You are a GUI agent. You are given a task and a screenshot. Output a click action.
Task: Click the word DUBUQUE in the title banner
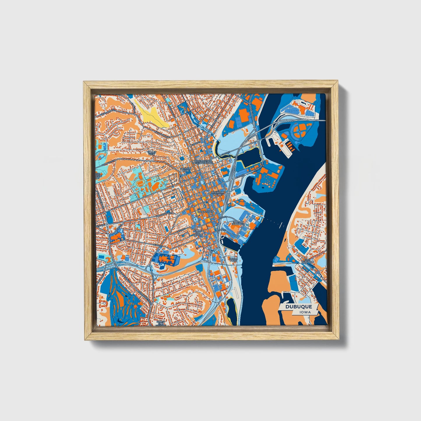tap(299, 307)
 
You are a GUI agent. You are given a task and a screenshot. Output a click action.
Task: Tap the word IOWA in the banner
tap(305, 312)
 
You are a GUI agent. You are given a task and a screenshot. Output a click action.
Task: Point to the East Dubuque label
tap(308, 261)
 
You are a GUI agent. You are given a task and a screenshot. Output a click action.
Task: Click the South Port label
tap(233, 259)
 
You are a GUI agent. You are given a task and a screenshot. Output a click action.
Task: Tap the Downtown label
tap(206, 212)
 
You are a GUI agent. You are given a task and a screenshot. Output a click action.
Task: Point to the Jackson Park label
tap(186, 170)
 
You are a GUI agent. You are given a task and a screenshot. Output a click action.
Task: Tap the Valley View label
tap(152, 153)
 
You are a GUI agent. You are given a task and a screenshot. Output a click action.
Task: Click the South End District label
tap(161, 323)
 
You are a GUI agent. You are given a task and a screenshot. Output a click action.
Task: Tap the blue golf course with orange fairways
tap(122, 297)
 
